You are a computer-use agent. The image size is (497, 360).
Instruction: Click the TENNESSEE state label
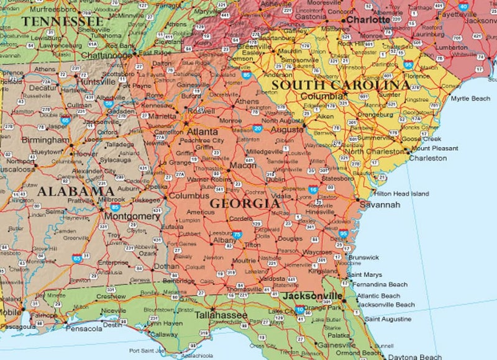[x=62, y=21]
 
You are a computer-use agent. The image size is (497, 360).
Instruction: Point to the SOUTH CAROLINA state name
[x=340, y=84]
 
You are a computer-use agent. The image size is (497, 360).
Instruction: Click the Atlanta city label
[x=203, y=132]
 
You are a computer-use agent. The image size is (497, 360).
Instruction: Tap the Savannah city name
[x=376, y=205]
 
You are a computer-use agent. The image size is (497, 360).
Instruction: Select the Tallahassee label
[x=221, y=315]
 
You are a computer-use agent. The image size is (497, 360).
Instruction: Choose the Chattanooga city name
[x=107, y=55]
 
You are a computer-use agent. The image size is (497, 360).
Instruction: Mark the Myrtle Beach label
[x=470, y=99]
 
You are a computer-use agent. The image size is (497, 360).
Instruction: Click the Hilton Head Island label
[x=401, y=194]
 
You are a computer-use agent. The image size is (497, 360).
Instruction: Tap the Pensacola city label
[x=84, y=328]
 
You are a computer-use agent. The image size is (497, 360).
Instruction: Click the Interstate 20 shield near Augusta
[x=257, y=128]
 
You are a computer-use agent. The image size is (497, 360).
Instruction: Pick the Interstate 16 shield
[x=313, y=189]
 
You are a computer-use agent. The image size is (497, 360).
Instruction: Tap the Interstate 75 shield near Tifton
[x=237, y=235]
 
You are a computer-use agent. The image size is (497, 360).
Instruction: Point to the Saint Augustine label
[x=387, y=319]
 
